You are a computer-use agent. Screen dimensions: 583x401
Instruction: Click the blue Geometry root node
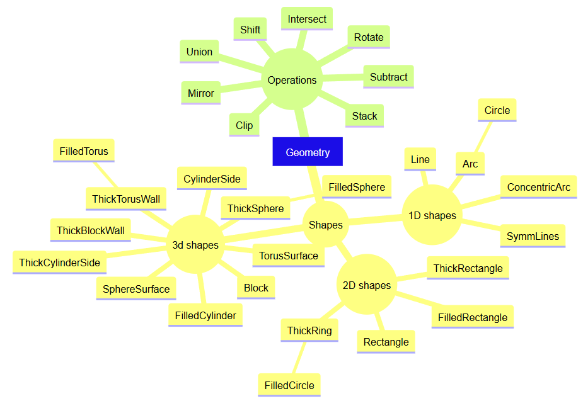pyautogui.click(x=308, y=152)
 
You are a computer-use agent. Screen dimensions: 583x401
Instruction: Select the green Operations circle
pyautogui.click(x=292, y=79)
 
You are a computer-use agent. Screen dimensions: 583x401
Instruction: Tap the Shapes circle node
pyautogui.click(x=326, y=224)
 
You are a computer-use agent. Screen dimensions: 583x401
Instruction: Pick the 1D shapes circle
pyautogui.click(x=432, y=215)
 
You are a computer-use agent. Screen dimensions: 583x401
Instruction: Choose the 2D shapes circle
pyautogui.click(x=367, y=285)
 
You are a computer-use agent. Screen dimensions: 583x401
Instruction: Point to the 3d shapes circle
pyautogui.click(x=195, y=245)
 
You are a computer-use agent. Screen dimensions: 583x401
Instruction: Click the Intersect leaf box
pyautogui.click(x=307, y=18)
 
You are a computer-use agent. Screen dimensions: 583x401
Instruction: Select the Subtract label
pyautogui.click(x=388, y=77)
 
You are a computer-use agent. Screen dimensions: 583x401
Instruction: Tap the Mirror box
pyautogui.click(x=201, y=93)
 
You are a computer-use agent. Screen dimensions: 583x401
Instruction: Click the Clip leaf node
pyautogui.click(x=245, y=125)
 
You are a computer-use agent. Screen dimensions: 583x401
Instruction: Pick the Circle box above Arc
pyautogui.click(x=497, y=110)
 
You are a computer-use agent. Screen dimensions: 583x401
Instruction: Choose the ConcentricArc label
pyautogui.click(x=538, y=187)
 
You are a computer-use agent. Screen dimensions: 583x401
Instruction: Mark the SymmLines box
pyautogui.click(x=533, y=236)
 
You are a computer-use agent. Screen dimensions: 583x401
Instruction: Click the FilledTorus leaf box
pyautogui.click(x=84, y=150)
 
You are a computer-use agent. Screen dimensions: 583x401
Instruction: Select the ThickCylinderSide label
pyautogui.click(x=59, y=263)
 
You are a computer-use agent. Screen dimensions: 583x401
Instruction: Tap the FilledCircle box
pyautogui.click(x=289, y=385)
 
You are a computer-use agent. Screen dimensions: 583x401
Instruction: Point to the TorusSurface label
pyautogui.click(x=289, y=256)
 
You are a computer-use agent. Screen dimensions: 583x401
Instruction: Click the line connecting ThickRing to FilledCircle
pyautogui.click(x=299, y=358)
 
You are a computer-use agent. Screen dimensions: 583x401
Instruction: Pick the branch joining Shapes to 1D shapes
pyautogui.click(x=376, y=220)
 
